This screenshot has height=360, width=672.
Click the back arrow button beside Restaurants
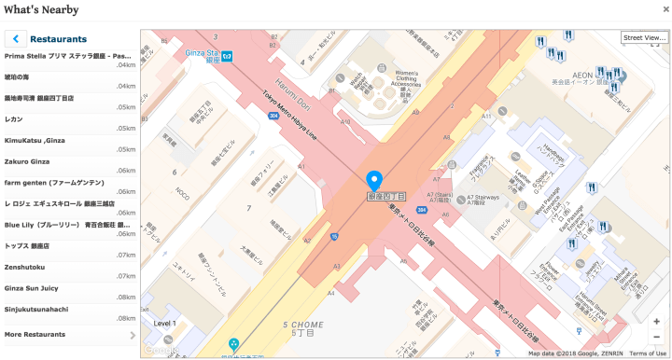point(16,39)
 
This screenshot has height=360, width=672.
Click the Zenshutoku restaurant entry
point(25,267)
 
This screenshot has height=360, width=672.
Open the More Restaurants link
point(35,334)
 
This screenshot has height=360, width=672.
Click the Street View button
point(644,37)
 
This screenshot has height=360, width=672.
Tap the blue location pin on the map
point(375,181)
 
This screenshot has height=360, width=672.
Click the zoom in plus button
point(657,321)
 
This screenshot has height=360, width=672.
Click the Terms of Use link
point(648,353)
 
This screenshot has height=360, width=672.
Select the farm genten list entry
point(46,182)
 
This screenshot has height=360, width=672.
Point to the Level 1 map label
point(165,323)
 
